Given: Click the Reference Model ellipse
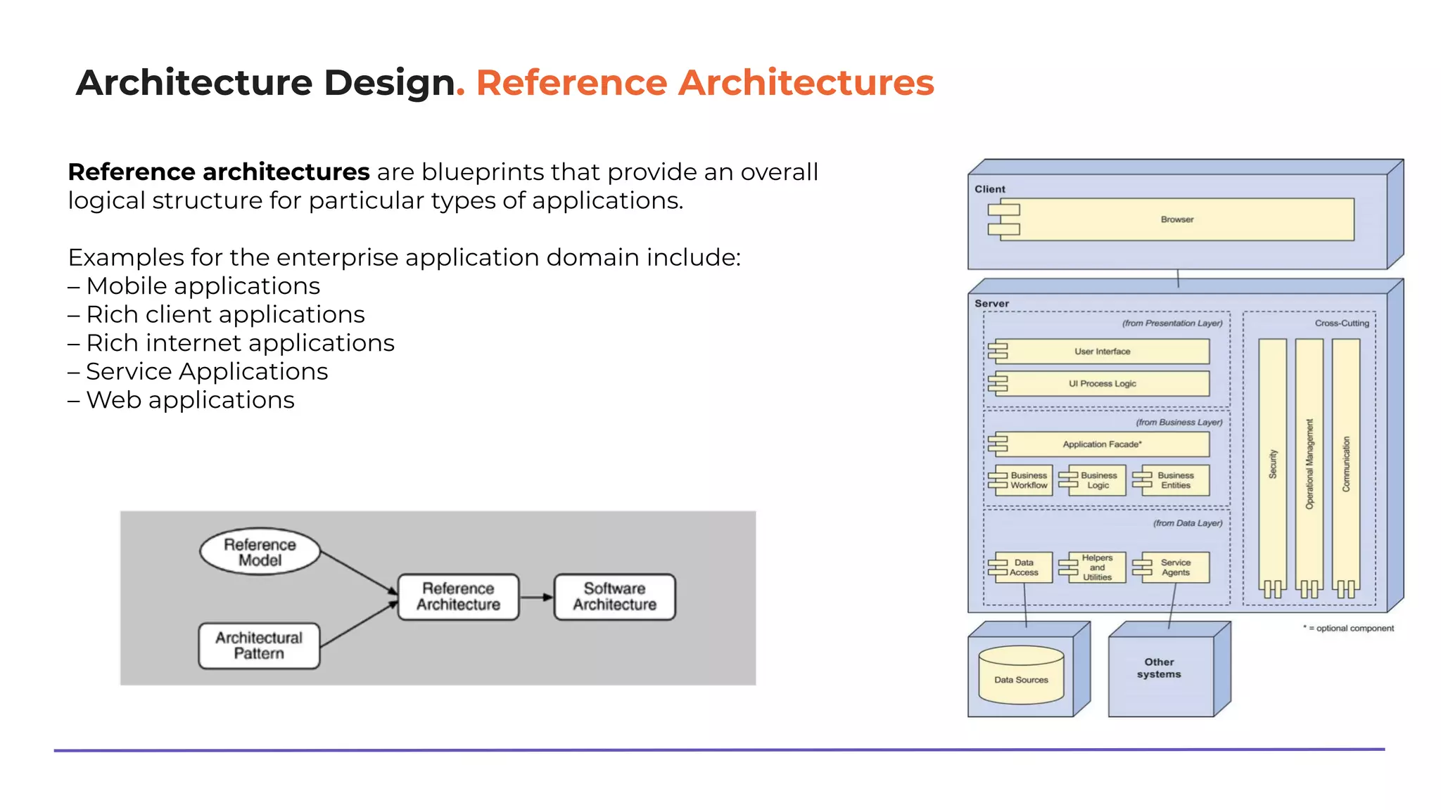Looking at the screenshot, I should pyautogui.click(x=260, y=552).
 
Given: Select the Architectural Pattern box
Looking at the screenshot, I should pyautogui.click(x=259, y=645).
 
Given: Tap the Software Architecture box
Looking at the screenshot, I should pyautogui.click(x=614, y=596).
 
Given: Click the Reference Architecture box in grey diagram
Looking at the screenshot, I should pyautogui.click(x=458, y=596).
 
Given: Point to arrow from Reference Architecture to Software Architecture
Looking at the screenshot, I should pyautogui.click(x=536, y=597).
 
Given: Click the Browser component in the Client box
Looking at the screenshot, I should pyautogui.click(x=1176, y=219).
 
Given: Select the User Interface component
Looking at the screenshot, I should pyautogui.click(x=1102, y=352).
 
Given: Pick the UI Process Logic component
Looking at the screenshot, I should pyautogui.click(x=1102, y=384).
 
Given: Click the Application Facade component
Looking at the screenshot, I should pyautogui.click(x=1102, y=444).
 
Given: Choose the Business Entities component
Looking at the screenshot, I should pyautogui.click(x=1174, y=480).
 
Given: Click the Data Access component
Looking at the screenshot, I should pyautogui.click(x=1023, y=567).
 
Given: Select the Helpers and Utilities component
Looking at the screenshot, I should pyautogui.click(x=1096, y=567).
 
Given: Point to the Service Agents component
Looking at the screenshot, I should pyautogui.click(x=1174, y=567).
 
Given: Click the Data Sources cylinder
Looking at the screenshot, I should pyautogui.click(x=1021, y=676).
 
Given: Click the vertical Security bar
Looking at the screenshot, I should pyautogui.click(x=1272, y=464).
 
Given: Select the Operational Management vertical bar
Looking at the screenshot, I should pyautogui.click(x=1309, y=464).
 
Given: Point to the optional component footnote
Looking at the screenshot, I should pyautogui.click(x=1348, y=629).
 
